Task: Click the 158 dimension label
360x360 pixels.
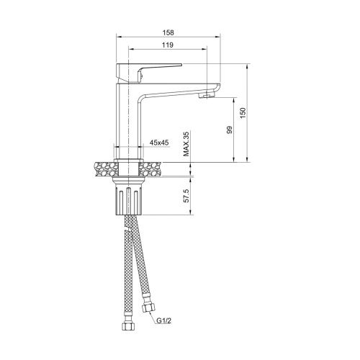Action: (x=168, y=32)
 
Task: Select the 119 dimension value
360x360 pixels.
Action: (x=168, y=45)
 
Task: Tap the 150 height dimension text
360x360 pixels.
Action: (x=243, y=113)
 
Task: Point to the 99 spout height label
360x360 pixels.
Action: (x=230, y=130)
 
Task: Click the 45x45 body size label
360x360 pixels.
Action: (x=159, y=143)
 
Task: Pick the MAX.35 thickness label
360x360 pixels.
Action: (x=186, y=144)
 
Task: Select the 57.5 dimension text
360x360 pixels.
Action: (x=186, y=196)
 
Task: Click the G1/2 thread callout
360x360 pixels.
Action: (x=164, y=320)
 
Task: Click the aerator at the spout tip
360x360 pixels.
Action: (x=207, y=96)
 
